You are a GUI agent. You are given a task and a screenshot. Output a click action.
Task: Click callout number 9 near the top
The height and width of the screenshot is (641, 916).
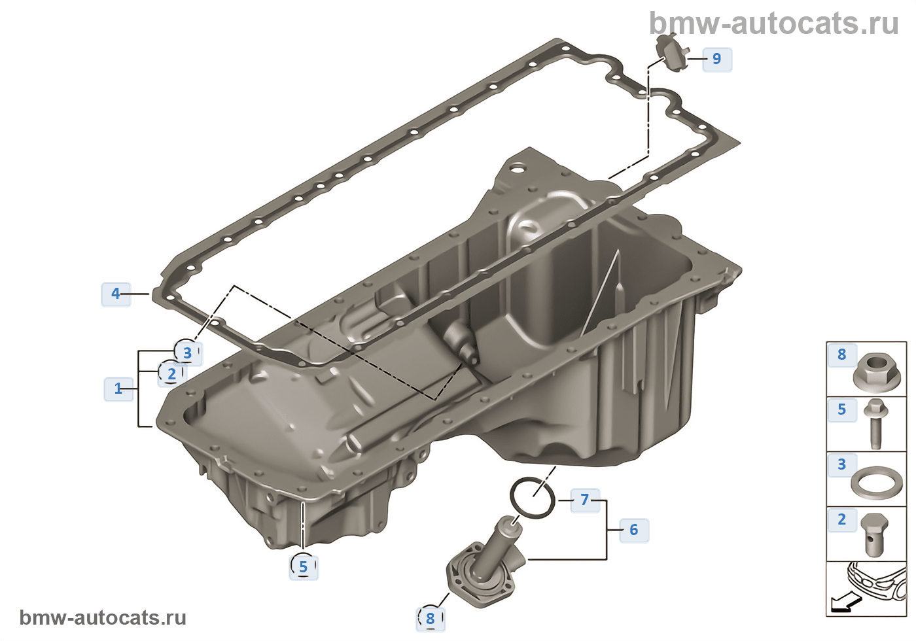[717, 59]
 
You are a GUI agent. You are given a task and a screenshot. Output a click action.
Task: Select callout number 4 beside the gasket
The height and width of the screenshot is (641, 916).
[116, 294]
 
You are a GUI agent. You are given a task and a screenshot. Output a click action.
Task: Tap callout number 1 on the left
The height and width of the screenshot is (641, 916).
[118, 389]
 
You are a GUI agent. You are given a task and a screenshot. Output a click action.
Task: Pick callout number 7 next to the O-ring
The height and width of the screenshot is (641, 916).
[585, 500]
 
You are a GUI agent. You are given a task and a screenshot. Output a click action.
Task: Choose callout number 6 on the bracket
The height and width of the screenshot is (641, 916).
[633, 530]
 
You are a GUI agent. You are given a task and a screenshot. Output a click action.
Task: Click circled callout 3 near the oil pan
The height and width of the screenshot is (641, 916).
[187, 352]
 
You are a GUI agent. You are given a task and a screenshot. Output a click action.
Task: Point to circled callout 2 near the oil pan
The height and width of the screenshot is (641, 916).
[171, 373]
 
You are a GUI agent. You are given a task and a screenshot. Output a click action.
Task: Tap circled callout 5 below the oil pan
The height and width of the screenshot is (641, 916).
[303, 566]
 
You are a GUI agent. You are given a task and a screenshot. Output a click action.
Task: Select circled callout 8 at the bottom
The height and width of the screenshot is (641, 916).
[430, 618]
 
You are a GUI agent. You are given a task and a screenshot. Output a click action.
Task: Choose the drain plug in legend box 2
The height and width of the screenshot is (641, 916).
[874, 535]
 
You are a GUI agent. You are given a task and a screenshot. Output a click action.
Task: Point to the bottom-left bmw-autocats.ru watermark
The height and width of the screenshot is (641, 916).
[103, 617]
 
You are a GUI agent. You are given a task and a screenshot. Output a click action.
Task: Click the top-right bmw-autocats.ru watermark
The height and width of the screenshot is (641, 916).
[773, 24]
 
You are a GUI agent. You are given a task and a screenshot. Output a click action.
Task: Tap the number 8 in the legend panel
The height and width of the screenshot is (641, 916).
[841, 354]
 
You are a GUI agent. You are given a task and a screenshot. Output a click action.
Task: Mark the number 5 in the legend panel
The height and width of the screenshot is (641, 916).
[841, 409]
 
